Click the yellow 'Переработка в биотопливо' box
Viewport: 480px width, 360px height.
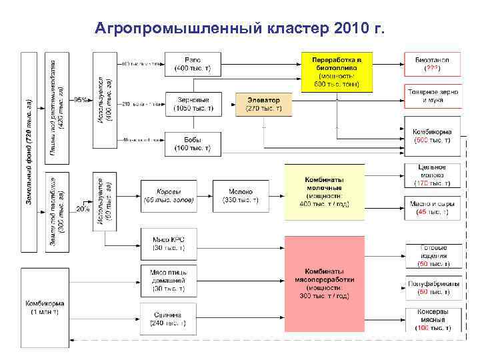[x=337, y=72]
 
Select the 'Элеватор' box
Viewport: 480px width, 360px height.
[x=264, y=104]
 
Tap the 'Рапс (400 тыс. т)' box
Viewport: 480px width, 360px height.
[x=193, y=64]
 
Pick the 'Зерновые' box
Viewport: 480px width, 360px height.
[x=193, y=104]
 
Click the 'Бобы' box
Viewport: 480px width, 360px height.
[x=193, y=144]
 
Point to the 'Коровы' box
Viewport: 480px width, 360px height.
[x=169, y=195]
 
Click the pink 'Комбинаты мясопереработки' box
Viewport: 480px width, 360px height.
[x=325, y=284]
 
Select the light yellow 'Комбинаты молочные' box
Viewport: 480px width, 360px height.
[x=325, y=193]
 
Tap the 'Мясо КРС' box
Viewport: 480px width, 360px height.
[x=169, y=244]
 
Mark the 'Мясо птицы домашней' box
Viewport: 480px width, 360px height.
[x=169, y=280]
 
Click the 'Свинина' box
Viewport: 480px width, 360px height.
[x=169, y=319]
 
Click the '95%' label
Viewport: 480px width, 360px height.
[x=81, y=100]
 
